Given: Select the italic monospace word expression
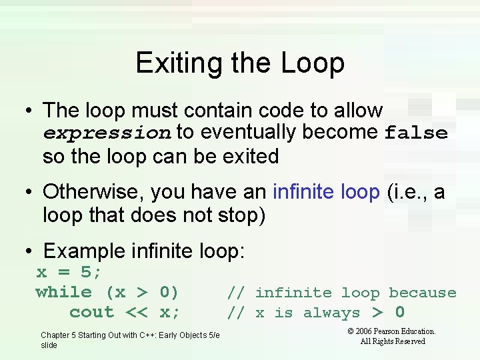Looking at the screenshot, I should (x=107, y=133).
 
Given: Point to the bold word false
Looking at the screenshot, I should (x=416, y=133).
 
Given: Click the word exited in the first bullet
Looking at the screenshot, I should (x=246, y=157).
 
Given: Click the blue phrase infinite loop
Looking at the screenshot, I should (x=326, y=192).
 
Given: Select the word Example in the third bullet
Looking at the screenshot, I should (x=83, y=251).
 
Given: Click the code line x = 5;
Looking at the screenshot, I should (x=69, y=272).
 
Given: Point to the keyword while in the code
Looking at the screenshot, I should (x=64, y=292).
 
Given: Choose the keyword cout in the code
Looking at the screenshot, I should (x=92, y=312).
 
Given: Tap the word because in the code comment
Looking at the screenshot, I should (x=423, y=293).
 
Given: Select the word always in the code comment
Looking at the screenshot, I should (x=331, y=313).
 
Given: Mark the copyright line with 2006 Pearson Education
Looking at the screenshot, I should (x=392, y=331).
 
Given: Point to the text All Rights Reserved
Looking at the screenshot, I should (x=392, y=341).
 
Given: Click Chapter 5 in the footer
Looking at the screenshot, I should (x=61, y=335).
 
